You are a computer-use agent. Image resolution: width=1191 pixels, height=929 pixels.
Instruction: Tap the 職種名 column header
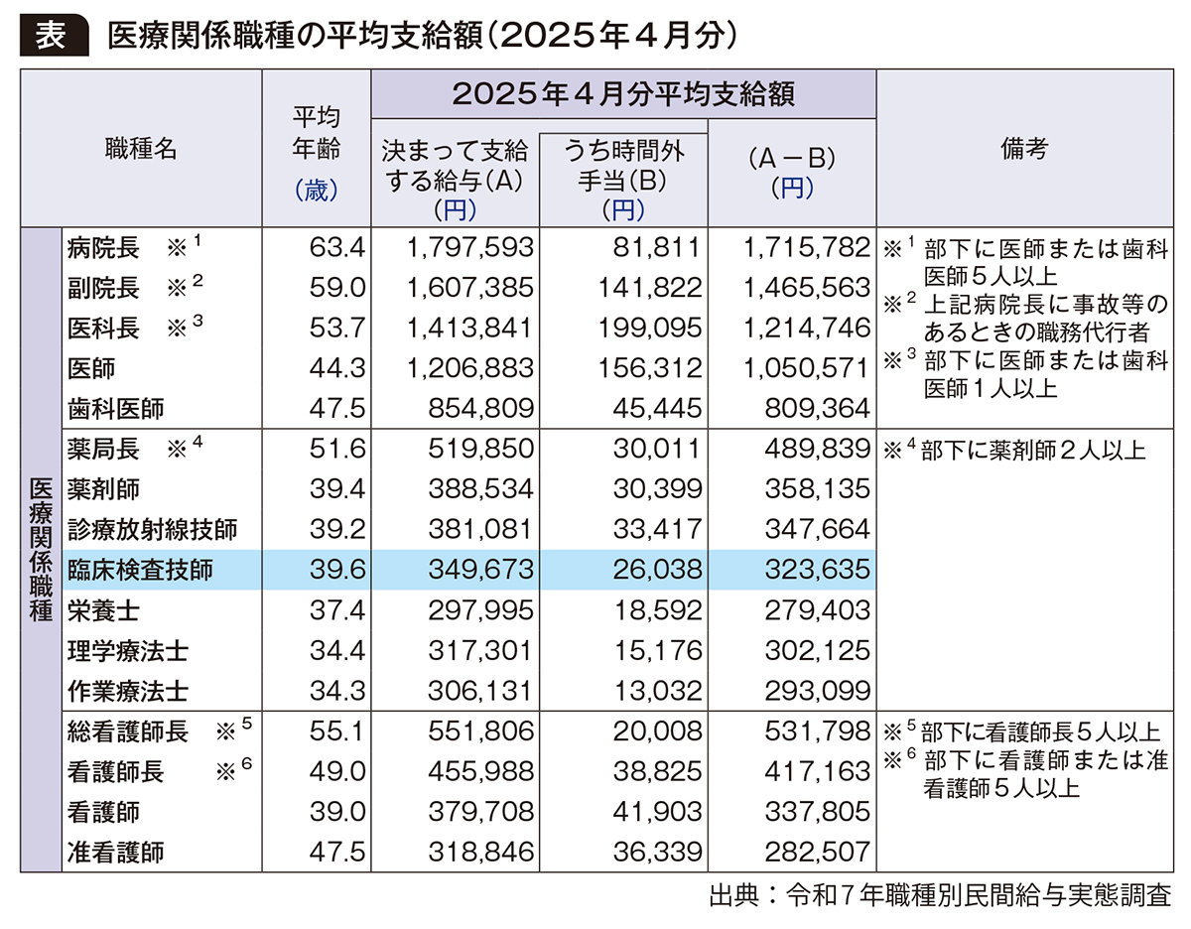[141, 149]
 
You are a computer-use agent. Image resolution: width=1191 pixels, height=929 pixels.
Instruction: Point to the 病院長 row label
[103, 246]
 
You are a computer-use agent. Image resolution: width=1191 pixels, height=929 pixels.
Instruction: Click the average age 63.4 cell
[337, 246]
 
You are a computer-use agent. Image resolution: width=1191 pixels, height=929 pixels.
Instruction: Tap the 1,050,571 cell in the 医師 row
[806, 368]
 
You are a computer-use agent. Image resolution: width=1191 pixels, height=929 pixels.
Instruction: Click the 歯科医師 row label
[115, 408]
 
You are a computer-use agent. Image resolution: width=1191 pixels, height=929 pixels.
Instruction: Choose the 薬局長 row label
[103, 449]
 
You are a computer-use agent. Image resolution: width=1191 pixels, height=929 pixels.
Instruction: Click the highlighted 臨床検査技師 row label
[140, 570]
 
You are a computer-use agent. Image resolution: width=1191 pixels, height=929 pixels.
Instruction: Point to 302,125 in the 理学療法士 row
[820, 650]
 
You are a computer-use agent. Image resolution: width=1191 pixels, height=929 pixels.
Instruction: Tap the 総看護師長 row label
[128, 731]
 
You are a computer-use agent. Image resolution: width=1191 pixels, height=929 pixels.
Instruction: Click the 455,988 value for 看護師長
[471, 771]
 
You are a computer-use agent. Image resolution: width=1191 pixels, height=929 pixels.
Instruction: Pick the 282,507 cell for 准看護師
[820, 852]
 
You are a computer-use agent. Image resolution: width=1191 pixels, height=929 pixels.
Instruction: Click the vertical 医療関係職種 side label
[41, 549]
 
